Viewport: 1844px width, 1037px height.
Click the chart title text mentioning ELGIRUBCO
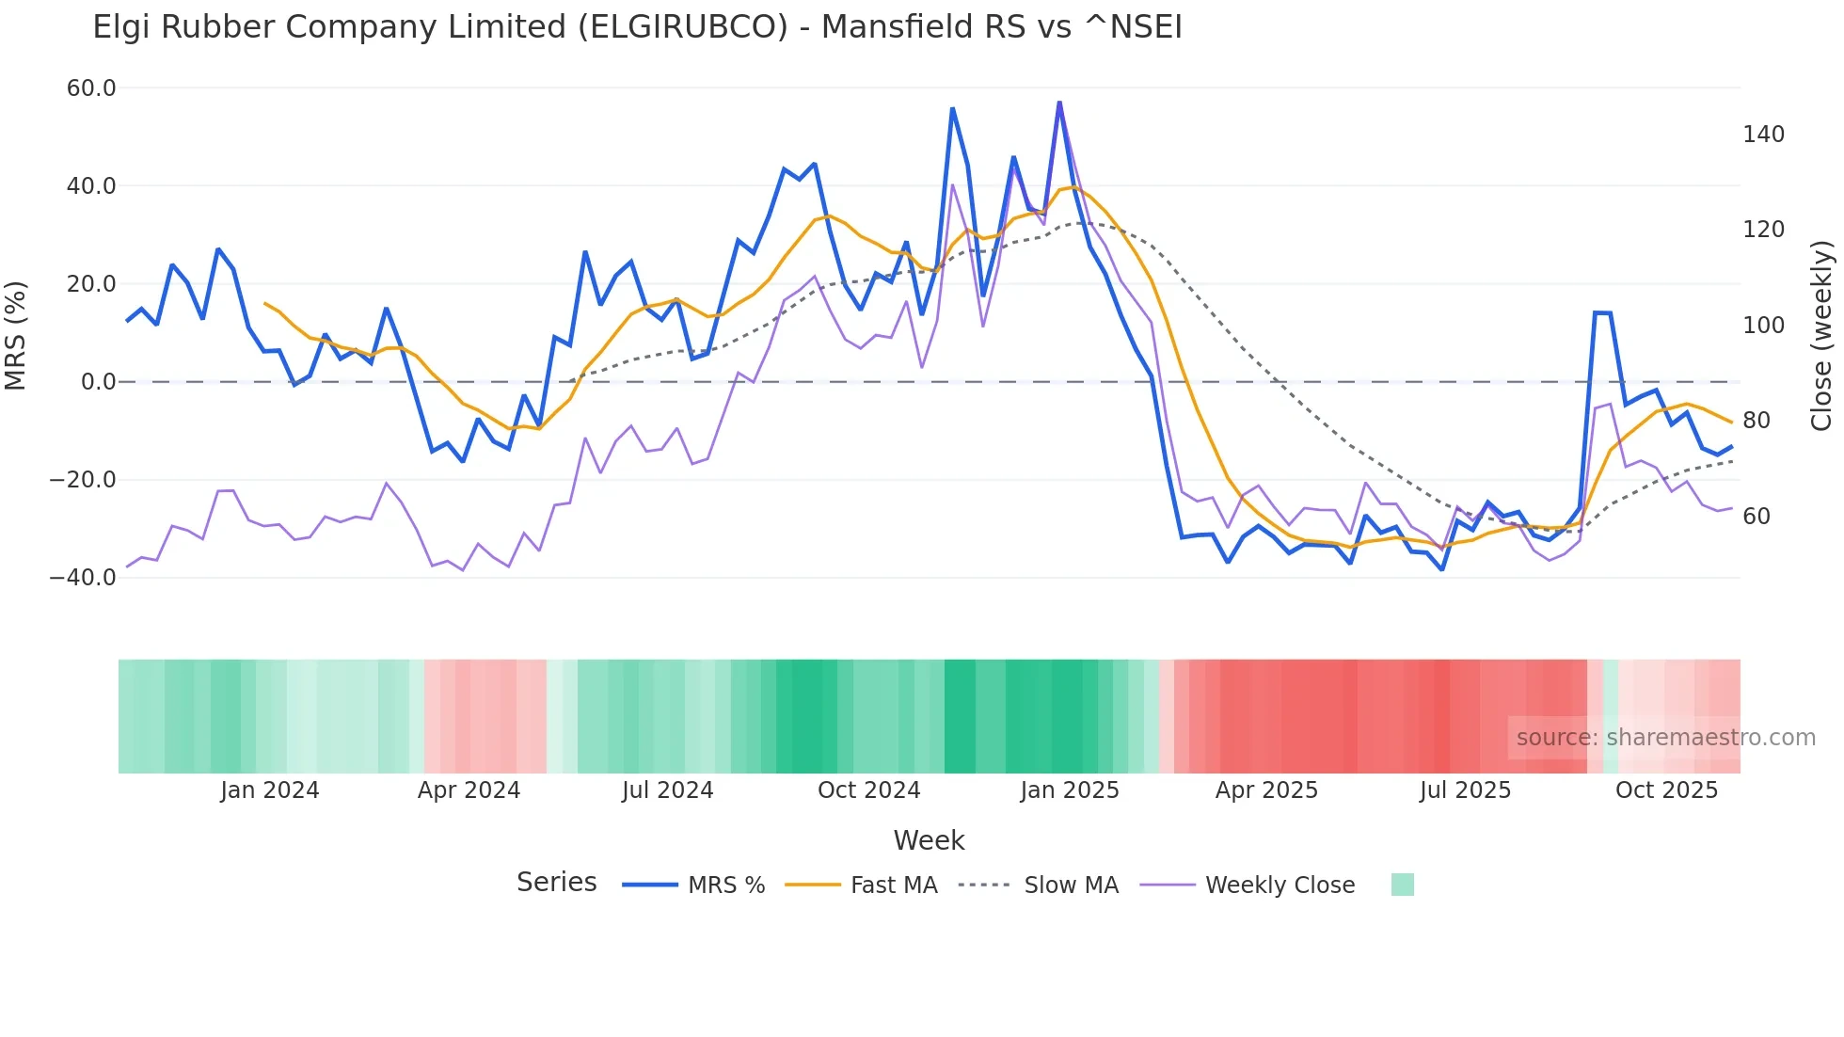pyautogui.click(x=637, y=27)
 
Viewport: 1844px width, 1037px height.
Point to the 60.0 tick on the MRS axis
pyautogui.click(x=91, y=88)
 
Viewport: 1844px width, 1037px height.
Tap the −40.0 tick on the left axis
pyautogui.click(x=83, y=578)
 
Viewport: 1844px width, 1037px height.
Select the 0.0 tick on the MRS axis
pyautogui.click(x=99, y=382)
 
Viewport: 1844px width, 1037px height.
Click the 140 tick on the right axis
pyautogui.click(x=1763, y=135)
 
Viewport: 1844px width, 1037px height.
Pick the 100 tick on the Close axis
pyautogui.click(x=1763, y=326)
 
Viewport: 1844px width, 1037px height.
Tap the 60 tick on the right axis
pyautogui.click(x=1756, y=517)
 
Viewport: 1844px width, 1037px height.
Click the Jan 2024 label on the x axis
pyautogui.click(x=269, y=790)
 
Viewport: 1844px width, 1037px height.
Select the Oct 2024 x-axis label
pyautogui.click(x=868, y=790)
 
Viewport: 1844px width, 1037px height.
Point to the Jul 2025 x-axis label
pyautogui.click(x=1465, y=790)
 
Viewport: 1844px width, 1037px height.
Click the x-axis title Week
pyautogui.click(x=929, y=840)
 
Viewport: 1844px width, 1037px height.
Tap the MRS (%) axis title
pyautogui.click(x=16, y=336)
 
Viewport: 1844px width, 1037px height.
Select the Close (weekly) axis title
pyautogui.click(x=1822, y=336)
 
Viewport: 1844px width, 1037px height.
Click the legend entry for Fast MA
pyautogui.click(x=893, y=885)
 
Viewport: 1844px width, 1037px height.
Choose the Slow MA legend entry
pyautogui.click(x=1071, y=885)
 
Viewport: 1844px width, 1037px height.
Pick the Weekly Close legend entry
pyautogui.click(x=1280, y=885)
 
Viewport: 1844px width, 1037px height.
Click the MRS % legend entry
pyautogui.click(x=725, y=885)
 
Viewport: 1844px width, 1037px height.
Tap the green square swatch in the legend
pyautogui.click(x=1402, y=885)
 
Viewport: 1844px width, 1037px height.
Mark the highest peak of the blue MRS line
pyautogui.click(x=1059, y=102)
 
